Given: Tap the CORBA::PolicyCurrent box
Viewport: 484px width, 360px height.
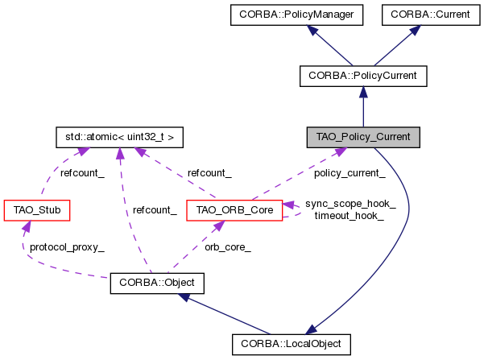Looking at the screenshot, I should pos(362,76).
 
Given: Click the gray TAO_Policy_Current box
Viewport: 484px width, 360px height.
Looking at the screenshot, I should pos(363,137).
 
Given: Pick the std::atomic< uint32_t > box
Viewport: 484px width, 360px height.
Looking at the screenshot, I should pos(119,137).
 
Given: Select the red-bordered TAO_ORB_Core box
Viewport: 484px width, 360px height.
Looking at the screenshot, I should pos(234,211).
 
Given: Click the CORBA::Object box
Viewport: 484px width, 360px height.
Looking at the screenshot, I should pos(157,283).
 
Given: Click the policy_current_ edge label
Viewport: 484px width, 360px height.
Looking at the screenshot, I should pos(350,172).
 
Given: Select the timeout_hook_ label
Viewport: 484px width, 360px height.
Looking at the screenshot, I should pos(348,216).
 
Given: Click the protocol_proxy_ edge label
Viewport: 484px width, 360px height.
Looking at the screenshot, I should pos(67,247).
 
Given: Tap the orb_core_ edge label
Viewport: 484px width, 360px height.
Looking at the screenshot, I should pos(227,247).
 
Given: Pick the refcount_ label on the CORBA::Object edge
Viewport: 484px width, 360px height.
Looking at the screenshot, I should pos(154,210).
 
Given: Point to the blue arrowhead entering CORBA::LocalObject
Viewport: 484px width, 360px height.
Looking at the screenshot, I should pos(310,329).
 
